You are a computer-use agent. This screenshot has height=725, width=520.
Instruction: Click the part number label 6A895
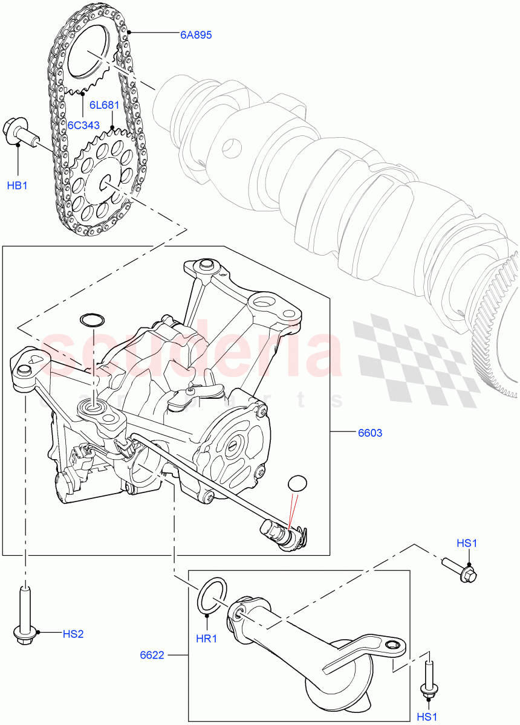195,35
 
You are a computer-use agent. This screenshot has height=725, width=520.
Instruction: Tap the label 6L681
104,105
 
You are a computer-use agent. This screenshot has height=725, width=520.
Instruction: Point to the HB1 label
17,185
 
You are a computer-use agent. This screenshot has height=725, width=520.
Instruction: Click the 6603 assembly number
370,433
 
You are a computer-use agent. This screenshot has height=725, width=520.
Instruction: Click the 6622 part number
151,654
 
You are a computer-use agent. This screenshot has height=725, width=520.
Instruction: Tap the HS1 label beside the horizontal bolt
467,543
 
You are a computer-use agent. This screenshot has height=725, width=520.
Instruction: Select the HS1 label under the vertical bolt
427,717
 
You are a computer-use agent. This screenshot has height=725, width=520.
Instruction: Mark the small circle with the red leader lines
296,483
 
